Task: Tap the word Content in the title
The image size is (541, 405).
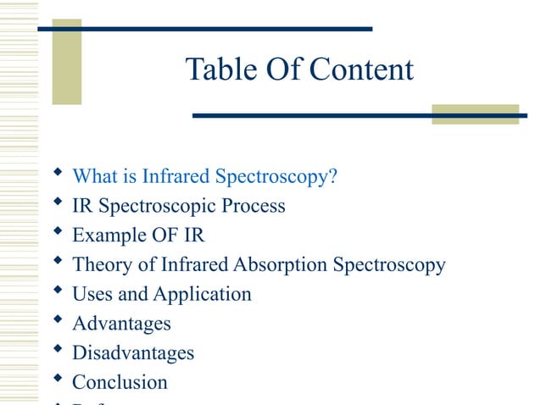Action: pyautogui.click(x=360, y=69)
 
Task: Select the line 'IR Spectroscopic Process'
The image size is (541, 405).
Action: pyautogui.click(x=178, y=206)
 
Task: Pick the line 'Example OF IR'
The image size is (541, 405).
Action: pyautogui.click(x=138, y=235)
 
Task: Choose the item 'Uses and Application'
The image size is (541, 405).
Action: pyautogui.click(x=161, y=294)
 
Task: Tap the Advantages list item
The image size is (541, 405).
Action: pyautogui.click(x=121, y=323)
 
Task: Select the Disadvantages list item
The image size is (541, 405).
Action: pyautogui.click(x=133, y=352)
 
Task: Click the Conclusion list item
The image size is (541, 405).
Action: pyautogui.click(x=120, y=382)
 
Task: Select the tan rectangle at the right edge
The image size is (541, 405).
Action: pyautogui.click(x=475, y=114)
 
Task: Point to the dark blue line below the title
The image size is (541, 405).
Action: pyautogui.click(x=356, y=115)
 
